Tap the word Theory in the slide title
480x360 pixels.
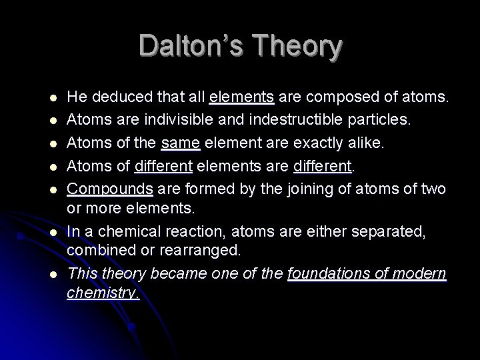pos(298,47)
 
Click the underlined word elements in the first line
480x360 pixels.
pos(241,99)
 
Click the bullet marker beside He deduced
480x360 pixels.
pos(53,99)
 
